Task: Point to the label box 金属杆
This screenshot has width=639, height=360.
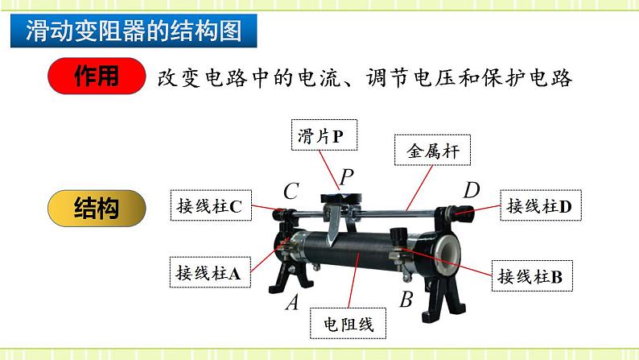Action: [432, 150]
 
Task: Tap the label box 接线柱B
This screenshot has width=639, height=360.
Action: [530, 276]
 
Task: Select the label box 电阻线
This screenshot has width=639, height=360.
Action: [348, 324]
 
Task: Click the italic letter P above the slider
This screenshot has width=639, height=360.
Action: [346, 176]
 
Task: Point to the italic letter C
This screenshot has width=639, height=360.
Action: [291, 192]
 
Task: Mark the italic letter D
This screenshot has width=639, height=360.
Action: [472, 190]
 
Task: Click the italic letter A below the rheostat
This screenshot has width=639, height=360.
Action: [291, 303]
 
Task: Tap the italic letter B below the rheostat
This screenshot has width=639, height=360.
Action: [406, 300]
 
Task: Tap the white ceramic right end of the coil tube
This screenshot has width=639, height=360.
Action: [446, 250]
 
